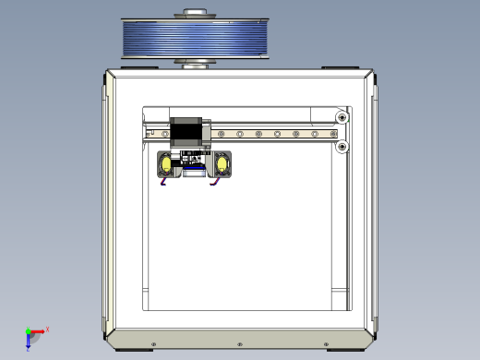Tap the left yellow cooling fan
(166, 164)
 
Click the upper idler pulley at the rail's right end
(342, 117)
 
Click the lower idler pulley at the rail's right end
(342, 146)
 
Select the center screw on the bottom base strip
(240, 344)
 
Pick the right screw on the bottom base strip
(329, 344)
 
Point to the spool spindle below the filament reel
(195, 64)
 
